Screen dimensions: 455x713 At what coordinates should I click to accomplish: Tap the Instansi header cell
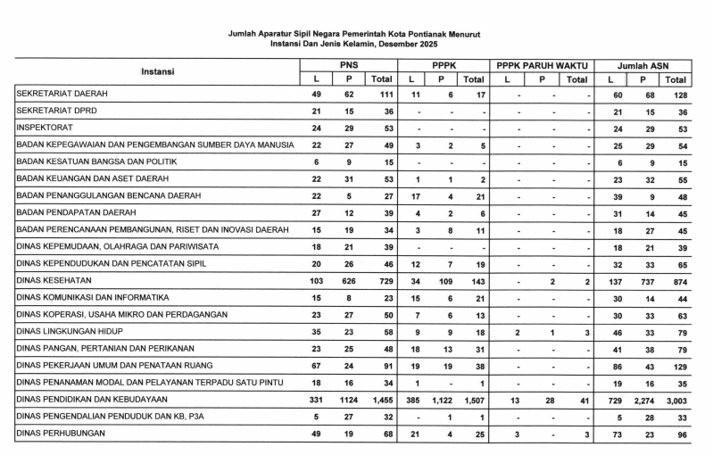pyautogui.click(x=157, y=71)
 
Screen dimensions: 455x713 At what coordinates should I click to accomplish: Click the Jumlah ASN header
pyautogui.click(x=644, y=65)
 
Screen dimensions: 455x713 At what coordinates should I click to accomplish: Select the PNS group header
pyautogui.click(x=349, y=65)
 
